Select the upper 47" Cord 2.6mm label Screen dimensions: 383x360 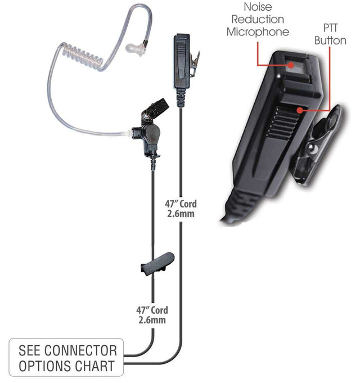pos(181,209)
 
